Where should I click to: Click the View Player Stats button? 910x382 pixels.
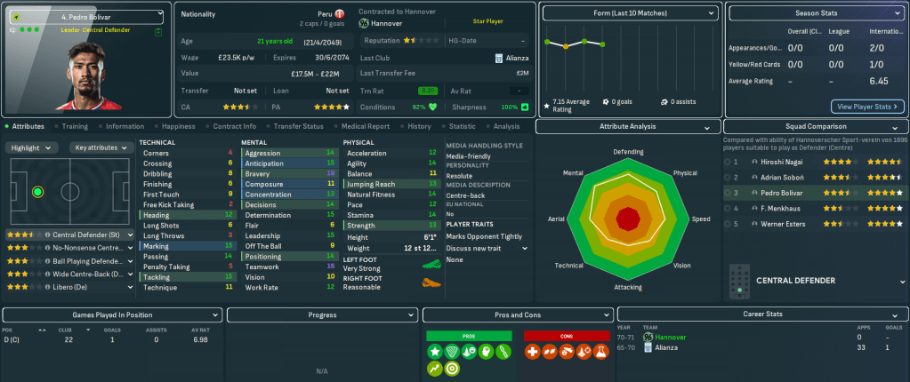(867, 107)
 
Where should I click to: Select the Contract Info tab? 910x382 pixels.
(234, 126)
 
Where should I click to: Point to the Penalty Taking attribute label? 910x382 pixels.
(166, 267)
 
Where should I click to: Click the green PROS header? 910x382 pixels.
(469, 336)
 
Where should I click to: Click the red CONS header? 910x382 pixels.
(567, 336)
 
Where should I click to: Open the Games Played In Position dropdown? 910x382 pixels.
(112, 314)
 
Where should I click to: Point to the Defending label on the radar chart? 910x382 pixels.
(628, 152)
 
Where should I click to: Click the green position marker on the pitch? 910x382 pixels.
(37, 191)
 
